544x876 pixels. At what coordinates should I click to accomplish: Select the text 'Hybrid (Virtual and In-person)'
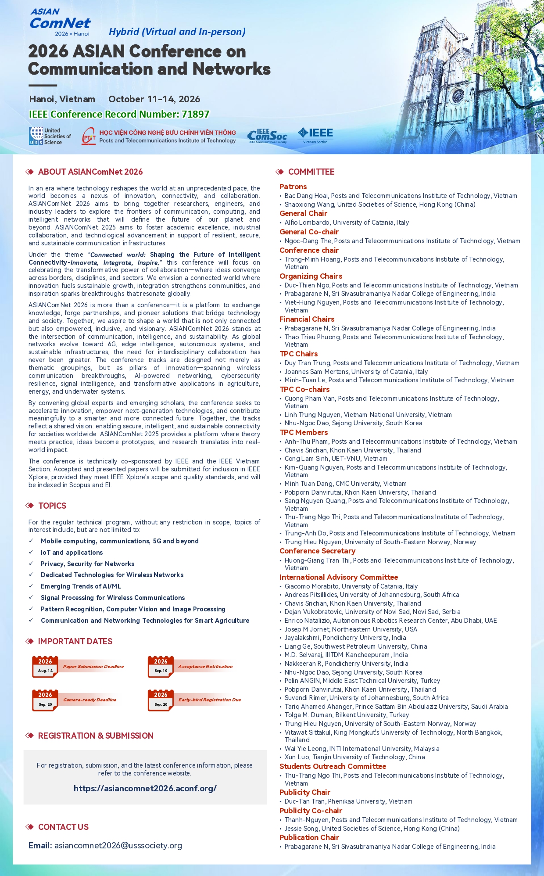(177, 32)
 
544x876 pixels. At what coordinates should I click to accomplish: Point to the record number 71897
(195, 114)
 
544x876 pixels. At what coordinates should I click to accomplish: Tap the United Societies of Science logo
(50, 136)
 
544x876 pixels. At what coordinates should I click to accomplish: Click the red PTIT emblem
(89, 136)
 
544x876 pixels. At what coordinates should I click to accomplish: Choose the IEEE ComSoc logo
(267, 136)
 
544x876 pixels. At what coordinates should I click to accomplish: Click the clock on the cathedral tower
(460, 57)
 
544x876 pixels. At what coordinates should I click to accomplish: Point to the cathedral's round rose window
(458, 95)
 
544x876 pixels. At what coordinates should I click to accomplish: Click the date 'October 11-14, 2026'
(154, 99)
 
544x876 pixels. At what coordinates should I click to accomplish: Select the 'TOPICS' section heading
(52, 506)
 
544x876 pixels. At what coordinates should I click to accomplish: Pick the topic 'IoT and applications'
(72, 553)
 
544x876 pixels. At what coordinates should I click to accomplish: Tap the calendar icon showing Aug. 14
(45, 667)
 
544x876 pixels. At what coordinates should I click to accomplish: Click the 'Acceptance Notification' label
(205, 666)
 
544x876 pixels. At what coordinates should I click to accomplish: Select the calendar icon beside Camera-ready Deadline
(45, 700)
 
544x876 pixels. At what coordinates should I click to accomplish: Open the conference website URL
(145, 788)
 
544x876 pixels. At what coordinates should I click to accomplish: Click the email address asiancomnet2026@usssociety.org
(118, 845)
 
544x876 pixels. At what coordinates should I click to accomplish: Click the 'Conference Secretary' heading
(317, 551)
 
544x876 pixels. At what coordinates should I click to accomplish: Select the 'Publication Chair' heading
(309, 837)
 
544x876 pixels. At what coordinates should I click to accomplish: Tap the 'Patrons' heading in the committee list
(293, 187)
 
